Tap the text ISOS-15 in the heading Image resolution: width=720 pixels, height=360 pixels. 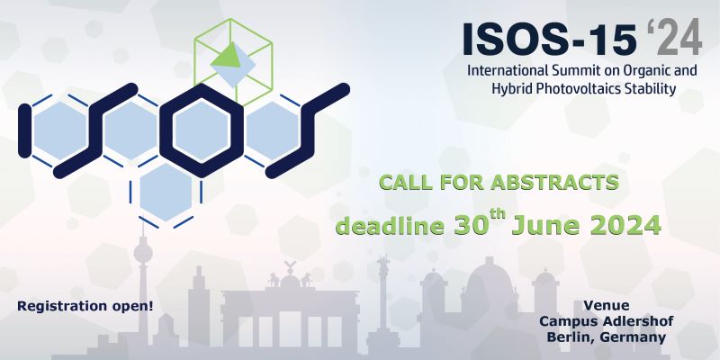550,38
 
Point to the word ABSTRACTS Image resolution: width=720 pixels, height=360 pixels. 554,183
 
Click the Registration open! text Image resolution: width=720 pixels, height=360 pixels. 85,306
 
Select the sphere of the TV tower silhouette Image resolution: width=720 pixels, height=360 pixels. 143,253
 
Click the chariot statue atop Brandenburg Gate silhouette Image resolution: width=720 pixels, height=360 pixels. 290,274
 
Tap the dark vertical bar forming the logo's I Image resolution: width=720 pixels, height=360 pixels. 25,130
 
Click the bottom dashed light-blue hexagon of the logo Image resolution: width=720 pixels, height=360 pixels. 166,192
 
